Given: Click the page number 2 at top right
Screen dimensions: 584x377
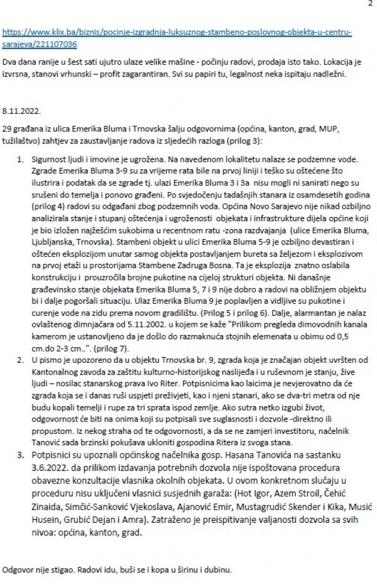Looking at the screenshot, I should (x=370, y=4).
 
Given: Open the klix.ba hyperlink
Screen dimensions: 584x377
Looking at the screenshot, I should (x=177, y=33).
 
